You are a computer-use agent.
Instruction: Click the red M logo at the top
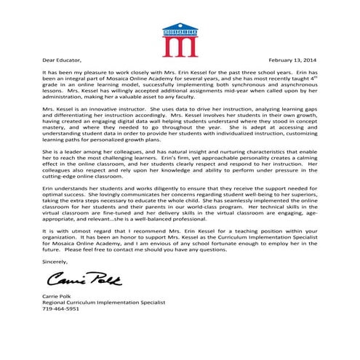180,41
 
